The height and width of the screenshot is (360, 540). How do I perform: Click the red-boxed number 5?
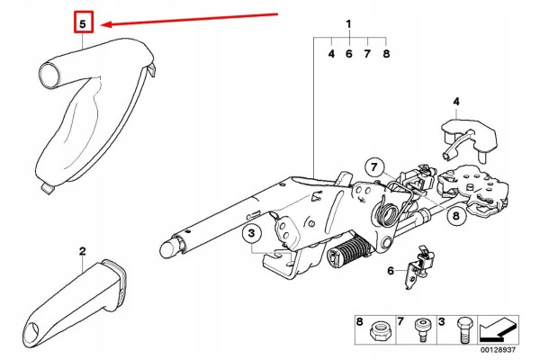pos(84,23)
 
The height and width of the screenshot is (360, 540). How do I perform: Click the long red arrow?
pos(190,19)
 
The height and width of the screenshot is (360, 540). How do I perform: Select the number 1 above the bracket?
pos(349,24)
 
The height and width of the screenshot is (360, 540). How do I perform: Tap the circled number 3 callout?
pos(251,234)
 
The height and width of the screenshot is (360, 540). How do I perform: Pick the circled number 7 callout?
pos(374,167)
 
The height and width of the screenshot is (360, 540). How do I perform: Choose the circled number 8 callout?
pos(456,216)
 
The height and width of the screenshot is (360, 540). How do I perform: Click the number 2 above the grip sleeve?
pos(82,251)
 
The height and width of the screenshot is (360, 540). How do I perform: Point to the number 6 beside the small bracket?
pos(391,271)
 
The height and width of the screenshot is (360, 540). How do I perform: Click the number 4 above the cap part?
pos(456,102)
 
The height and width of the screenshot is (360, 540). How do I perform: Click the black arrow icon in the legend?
pos(498,329)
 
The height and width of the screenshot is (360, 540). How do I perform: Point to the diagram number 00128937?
pos(499,350)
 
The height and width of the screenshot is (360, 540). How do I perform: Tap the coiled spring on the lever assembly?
pos(387,212)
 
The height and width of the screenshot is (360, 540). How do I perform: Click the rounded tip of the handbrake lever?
pos(168,247)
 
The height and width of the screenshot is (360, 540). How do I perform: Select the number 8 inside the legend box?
pos(359,322)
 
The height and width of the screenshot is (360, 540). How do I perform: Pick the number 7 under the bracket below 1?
pos(367,54)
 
